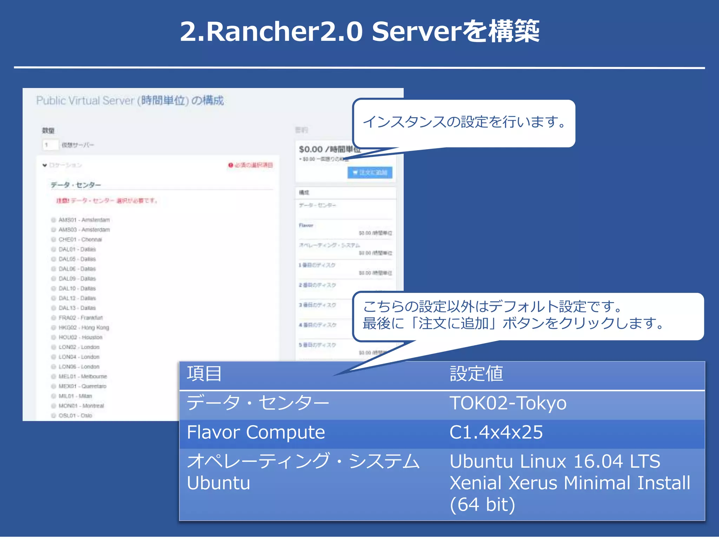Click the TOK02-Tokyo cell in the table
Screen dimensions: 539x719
click(x=508, y=403)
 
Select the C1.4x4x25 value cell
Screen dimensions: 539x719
click(x=496, y=432)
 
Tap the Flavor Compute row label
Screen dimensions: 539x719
click(x=256, y=432)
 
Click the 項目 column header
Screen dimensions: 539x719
click(x=204, y=373)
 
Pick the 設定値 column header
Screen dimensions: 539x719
click(x=476, y=373)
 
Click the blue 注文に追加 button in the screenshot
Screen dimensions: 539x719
click(x=370, y=173)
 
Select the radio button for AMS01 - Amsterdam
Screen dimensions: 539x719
click(x=54, y=220)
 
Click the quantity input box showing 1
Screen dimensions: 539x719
click(x=50, y=145)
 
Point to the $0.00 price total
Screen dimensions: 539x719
click(x=311, y=149)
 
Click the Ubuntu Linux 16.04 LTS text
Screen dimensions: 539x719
click(x=555, y=461)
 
